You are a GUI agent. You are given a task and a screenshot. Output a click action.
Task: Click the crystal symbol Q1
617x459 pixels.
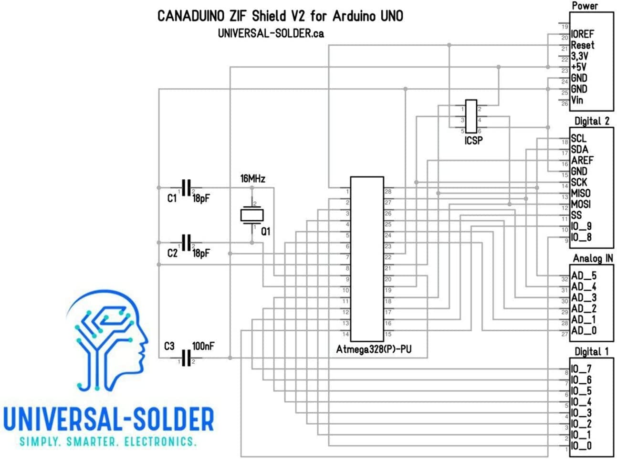(x=252, y=215)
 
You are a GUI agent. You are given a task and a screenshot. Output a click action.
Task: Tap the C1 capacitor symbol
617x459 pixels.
(x=186, y=188)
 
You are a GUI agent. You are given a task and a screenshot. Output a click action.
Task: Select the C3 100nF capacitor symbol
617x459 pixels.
(x=186, y=358)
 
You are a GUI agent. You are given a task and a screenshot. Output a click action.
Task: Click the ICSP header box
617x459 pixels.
(x=471, y=116)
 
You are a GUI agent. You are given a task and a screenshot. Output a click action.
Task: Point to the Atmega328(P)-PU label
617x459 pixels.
(x=374, y=349)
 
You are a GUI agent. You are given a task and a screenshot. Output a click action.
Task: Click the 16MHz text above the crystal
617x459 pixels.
(x=252, y=179)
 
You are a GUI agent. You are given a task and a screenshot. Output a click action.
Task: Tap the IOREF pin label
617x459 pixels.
(x=582, y=34)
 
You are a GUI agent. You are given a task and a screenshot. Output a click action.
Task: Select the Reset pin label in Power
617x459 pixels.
(x=583, y=45)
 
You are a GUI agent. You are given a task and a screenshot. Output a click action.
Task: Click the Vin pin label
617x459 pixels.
(x=577, y=100)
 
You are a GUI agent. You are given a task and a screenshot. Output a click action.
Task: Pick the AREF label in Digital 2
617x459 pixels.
(x=582, y=160)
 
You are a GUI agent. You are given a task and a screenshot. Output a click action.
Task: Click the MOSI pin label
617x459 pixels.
(x=581, y=204)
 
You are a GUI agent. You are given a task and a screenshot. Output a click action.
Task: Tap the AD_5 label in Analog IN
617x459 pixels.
(x=584, y=276)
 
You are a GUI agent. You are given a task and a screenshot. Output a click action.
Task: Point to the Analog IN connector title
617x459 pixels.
(x=593, y=258)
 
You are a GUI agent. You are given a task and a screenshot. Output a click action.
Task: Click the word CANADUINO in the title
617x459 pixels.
(x=191, y=16)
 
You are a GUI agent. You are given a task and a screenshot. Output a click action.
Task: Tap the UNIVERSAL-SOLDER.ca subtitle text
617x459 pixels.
(x=271, y=33)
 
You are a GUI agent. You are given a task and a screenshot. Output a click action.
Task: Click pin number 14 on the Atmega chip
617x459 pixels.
(x=345, y=334)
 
